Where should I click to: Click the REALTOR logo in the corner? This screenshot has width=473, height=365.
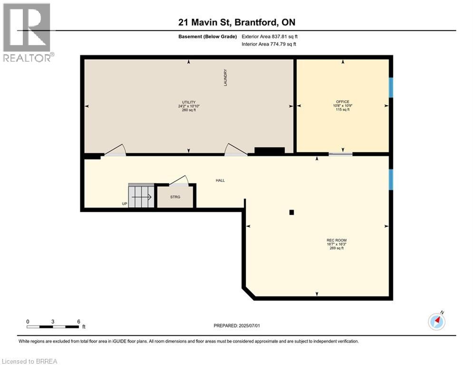pos(27,32)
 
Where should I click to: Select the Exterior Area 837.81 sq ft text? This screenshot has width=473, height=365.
pos(270,36)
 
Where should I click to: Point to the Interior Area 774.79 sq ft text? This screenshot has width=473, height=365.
pos(269,44)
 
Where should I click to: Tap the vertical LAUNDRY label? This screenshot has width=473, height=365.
pos(226,78)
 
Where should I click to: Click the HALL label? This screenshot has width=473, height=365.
pos(220,181)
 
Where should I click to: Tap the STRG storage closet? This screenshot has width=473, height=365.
pos(175,197)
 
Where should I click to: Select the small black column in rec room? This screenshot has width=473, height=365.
pos(292,212)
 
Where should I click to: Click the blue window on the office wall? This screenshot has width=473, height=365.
pos(391,87)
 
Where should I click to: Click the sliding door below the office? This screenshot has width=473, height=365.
pos(340,154)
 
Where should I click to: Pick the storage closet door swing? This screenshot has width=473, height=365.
pos(179,180)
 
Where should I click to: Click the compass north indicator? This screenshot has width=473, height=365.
pos(436,321)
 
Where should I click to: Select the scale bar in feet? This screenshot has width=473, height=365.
pos(53,327)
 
